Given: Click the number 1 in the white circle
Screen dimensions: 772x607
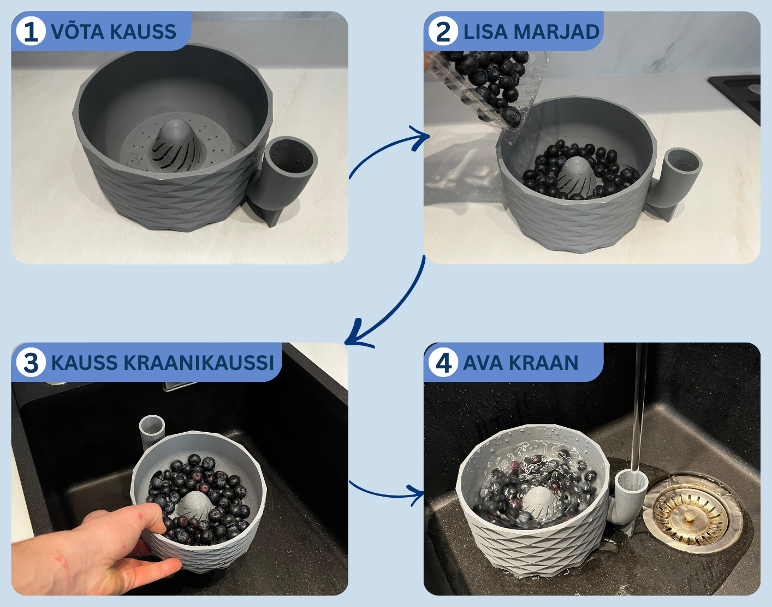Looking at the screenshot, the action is [31, 32].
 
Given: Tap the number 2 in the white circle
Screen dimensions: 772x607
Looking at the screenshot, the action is [443, 32].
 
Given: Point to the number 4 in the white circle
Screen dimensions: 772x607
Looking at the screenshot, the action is [443, 363].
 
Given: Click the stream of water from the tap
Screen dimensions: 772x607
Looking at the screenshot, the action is [639, 409].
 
